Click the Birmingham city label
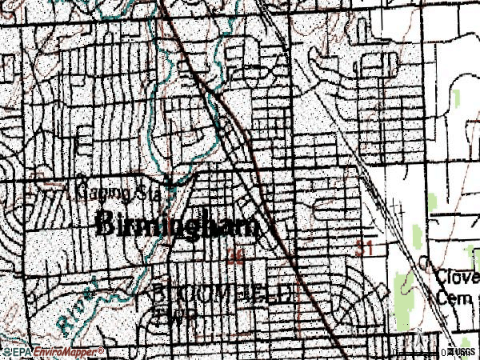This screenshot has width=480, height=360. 178,225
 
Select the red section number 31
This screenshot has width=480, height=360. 366,250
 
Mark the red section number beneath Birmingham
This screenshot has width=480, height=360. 235,257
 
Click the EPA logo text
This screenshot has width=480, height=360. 15,352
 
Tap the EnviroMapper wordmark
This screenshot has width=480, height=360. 62,352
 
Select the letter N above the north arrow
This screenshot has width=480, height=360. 418,327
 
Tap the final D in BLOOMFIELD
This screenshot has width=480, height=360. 286,293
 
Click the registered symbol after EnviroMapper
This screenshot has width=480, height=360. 102,350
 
